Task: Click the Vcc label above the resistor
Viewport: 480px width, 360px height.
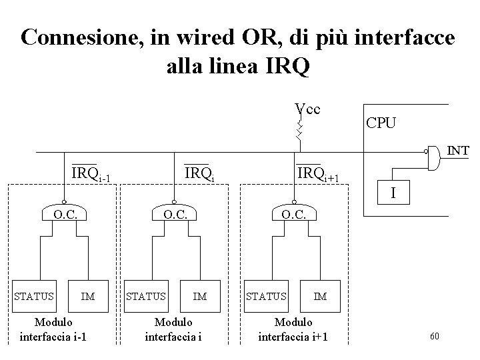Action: tap(307, 109)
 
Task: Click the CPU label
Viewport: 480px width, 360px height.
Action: tap(380, 123)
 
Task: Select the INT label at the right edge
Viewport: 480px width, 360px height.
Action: tap(457, 151)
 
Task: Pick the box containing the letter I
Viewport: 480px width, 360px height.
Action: tap(394, 193)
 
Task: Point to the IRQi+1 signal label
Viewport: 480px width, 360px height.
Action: tap(318, 175)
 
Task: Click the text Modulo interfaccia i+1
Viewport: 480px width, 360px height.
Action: tap(293, 329)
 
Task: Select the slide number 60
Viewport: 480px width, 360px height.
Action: tap(434, 335)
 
